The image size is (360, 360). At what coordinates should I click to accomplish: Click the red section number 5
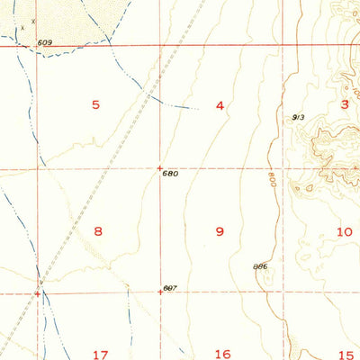click(x=95, y=105)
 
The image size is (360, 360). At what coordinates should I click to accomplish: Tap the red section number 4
click(x=220, y=106)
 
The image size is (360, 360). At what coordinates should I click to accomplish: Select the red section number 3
click(x=344, y=104)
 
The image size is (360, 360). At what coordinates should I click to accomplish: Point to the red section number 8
click(x=98, y=231)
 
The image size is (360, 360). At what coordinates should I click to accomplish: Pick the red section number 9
click(x=220, y=231)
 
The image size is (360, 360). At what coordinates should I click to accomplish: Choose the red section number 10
click(x=344, y=231)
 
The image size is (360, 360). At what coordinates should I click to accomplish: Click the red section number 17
click(x=99, y=354)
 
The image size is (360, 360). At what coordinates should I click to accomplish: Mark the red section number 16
click(x=223, y=354)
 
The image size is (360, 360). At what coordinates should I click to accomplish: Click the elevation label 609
click(x=45, y=42)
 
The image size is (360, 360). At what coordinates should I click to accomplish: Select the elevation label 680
click(x=171, y=174)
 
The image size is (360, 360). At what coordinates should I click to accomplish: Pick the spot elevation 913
click(x=298, y=117)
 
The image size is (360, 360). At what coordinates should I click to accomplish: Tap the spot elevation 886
click(x=261, y=266)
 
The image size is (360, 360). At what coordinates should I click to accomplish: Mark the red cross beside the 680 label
click(x=159, y=167)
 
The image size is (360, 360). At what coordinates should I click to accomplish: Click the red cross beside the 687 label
click(x=160, y=292)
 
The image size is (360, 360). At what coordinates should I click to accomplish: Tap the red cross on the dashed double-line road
click(x=38, y=292)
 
